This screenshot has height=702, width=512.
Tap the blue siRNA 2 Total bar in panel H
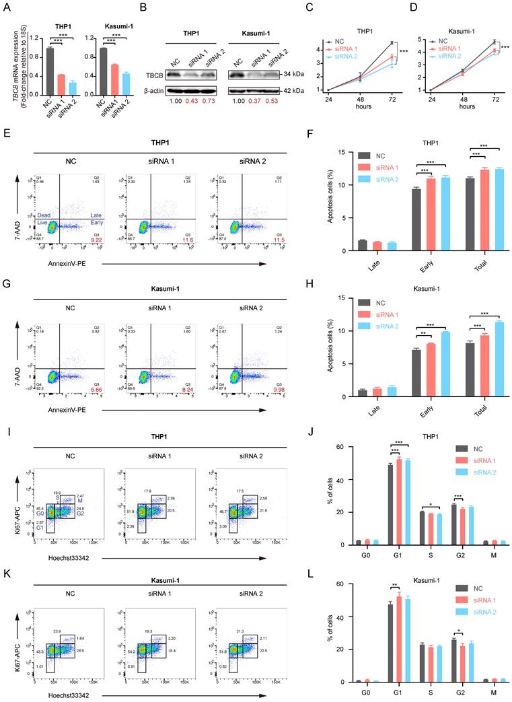480,359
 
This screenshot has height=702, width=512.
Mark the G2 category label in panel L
461,693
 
